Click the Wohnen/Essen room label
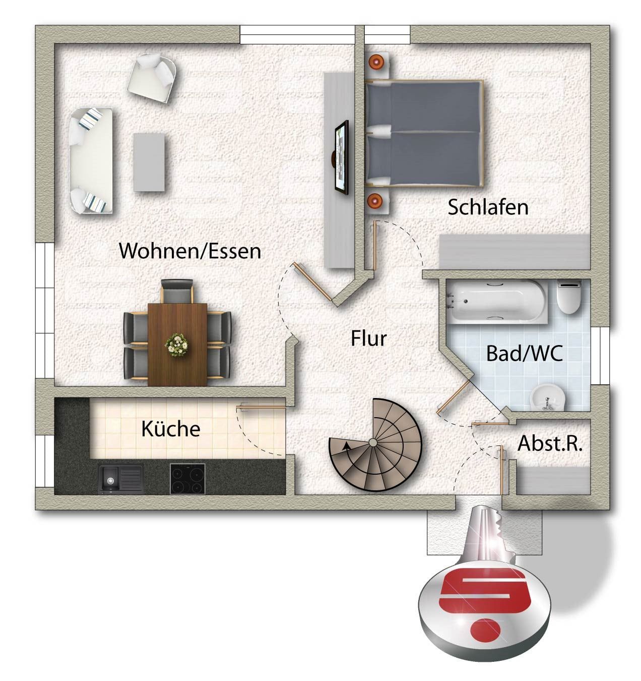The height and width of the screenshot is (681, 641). point(190,251)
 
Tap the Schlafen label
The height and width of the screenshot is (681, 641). point(488,207)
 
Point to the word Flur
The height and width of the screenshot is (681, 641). point(369,338)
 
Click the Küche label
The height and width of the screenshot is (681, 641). point(171,428)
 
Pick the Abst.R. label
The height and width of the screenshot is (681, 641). point(550,443)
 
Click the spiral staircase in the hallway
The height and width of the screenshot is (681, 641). point(375,445)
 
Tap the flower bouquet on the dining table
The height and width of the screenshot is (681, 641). point(177,345)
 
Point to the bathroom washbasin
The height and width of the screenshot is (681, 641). point(548,398)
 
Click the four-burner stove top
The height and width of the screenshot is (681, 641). point(188,479)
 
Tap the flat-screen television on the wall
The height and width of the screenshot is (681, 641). point(342,157)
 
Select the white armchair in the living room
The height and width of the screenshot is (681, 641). point(152,78)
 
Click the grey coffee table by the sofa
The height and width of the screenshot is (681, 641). point(149,162)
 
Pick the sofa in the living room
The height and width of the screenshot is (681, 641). point(91,160)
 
